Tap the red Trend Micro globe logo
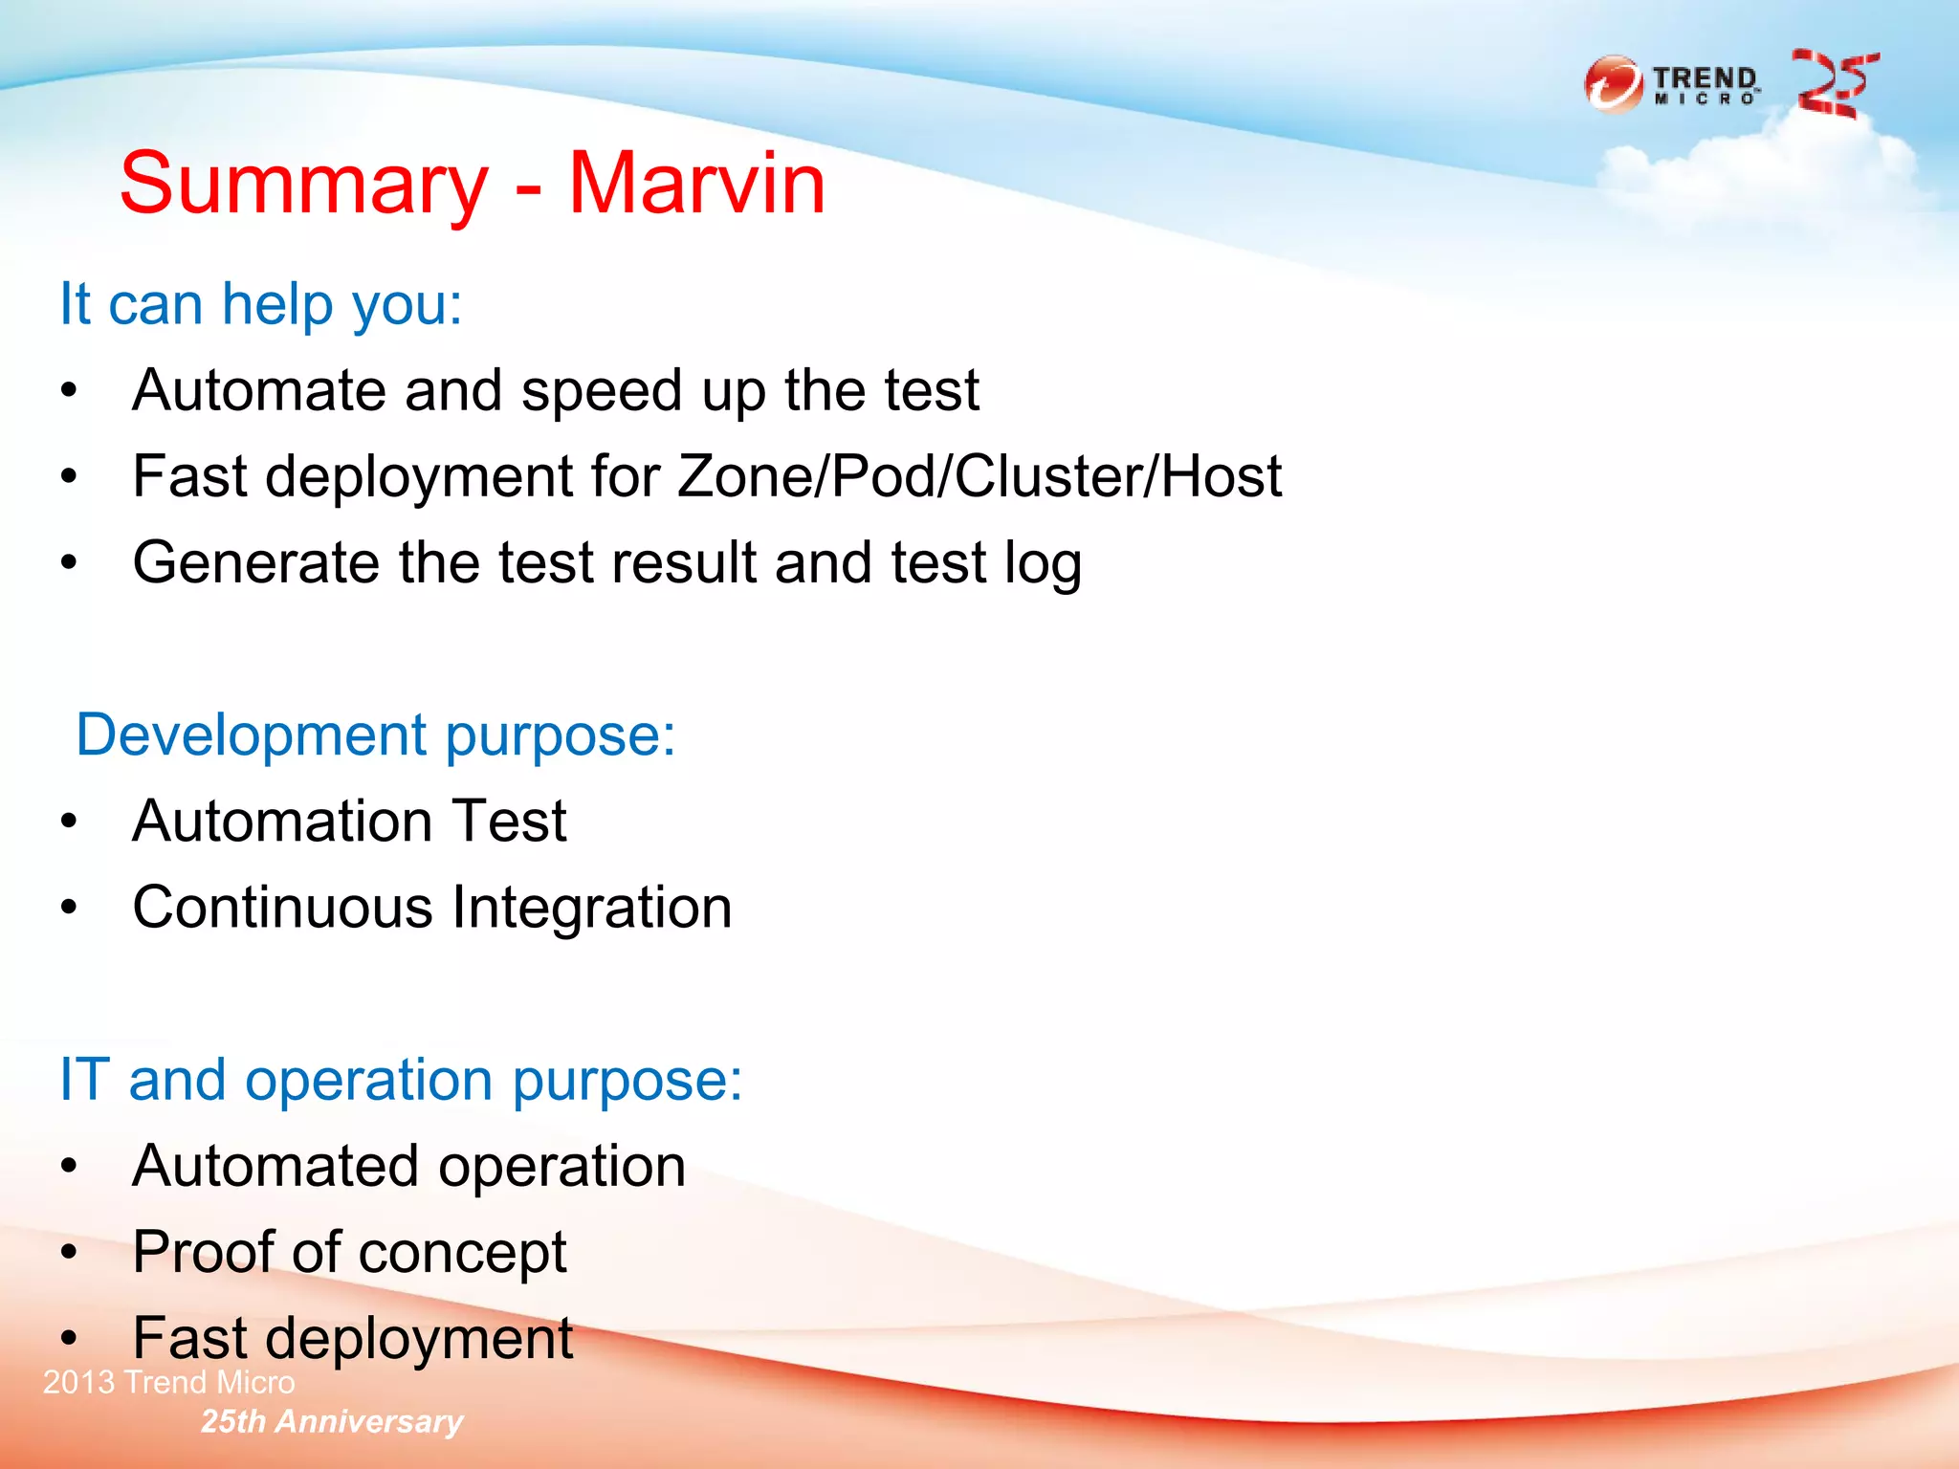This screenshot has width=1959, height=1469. pos(1613,84)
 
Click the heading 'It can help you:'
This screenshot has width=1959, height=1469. pos(261,304)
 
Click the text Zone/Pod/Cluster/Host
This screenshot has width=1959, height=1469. pos(979,476)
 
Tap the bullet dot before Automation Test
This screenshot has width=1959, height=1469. pos(69,821)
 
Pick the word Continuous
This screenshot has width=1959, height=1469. pos(283,907)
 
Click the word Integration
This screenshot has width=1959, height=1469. pos(592,907)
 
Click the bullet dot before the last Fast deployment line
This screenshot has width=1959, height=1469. pos(69,1339)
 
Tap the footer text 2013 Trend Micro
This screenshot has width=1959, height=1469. pos(169,1383)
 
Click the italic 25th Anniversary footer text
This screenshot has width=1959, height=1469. pos(332,1422)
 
